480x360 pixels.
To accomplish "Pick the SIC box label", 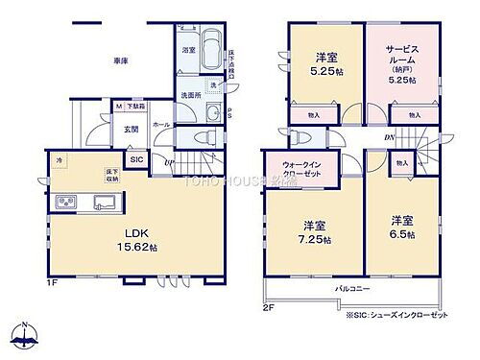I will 137,159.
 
